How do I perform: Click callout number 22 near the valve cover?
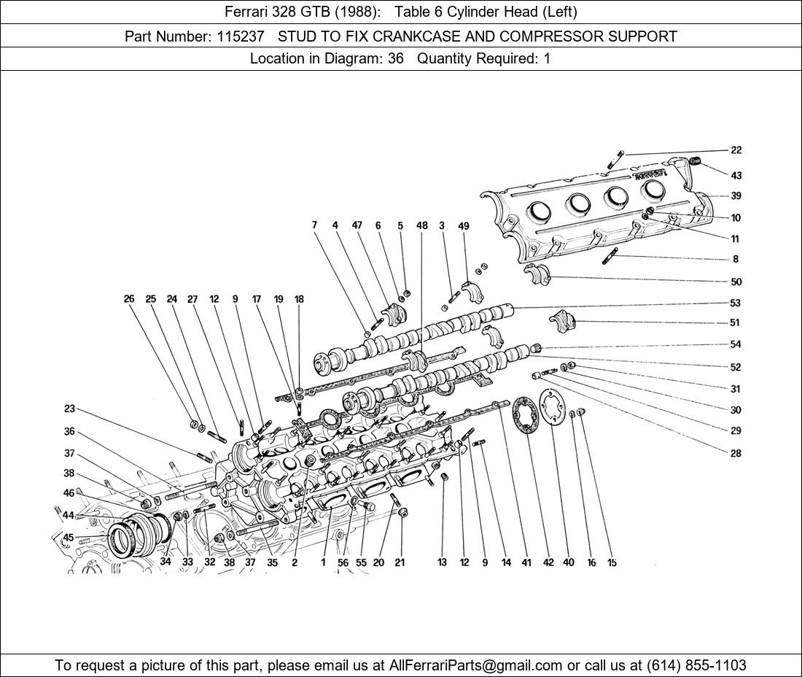coord(736,150)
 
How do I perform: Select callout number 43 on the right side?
coord(736,176)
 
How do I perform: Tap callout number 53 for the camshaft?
coord(735,303)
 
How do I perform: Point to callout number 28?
coord(736,453)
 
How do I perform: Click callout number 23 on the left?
coord(69,409)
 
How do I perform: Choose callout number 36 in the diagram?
coord(69,431)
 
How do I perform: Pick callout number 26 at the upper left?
coord(129,299)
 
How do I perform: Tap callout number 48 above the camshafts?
coord(422,225)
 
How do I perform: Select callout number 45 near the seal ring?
coord(69,538)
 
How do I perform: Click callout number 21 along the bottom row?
coord(400,562)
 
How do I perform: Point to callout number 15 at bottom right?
coord(612,562)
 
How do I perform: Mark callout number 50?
coord(736,282)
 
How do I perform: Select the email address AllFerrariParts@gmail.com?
coord(476,665)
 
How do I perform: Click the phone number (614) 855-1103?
coord(696,665)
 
